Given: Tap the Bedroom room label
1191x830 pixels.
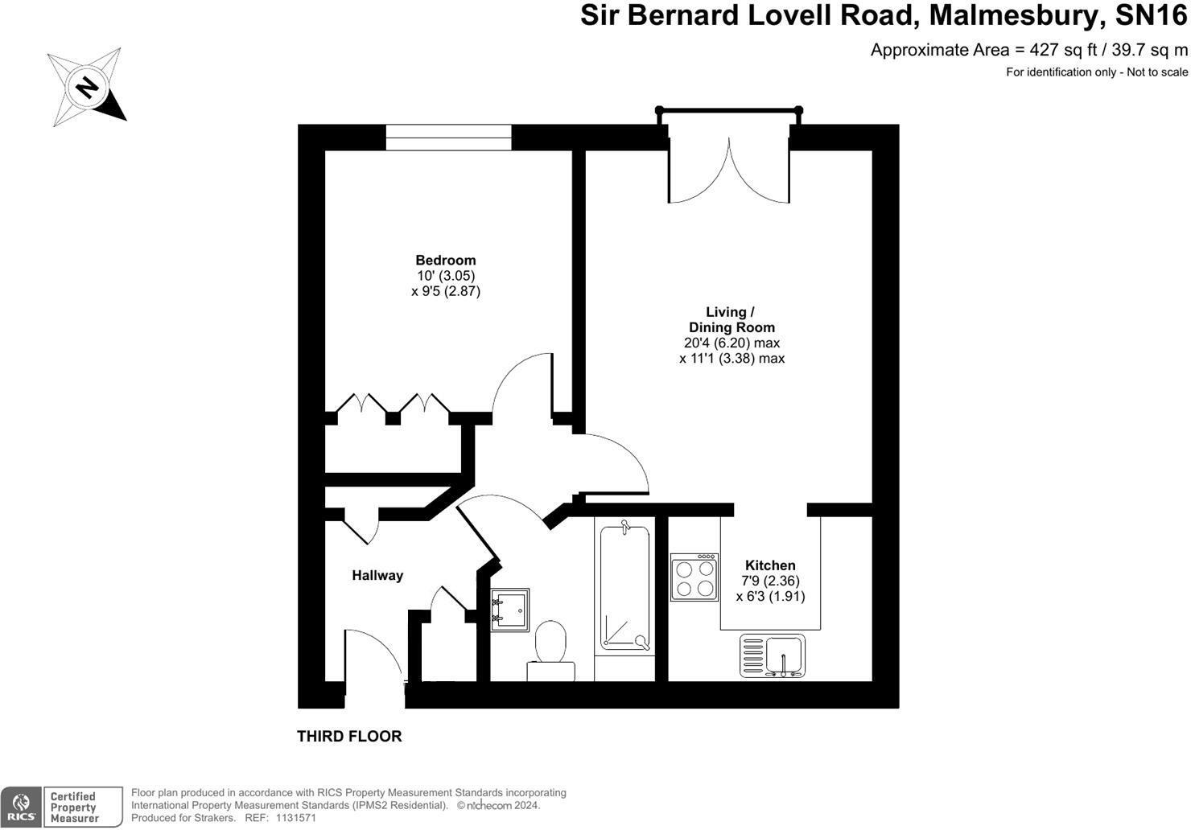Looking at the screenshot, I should (445, 260).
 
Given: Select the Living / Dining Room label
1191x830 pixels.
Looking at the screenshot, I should (731, 319).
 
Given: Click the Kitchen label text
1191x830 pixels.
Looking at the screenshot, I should (770, 565).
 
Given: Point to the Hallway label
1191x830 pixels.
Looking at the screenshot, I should (377, 575).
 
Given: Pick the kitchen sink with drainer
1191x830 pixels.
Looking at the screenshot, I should (773, 655).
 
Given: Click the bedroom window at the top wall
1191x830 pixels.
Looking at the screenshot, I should (448, 138).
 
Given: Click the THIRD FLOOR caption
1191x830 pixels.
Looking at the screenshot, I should (349, 736).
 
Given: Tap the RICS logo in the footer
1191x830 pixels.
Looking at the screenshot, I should (21, 807).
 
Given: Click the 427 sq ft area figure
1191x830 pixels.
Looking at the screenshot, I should (1063, 50).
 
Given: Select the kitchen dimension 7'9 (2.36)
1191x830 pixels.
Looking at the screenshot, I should (770, 581).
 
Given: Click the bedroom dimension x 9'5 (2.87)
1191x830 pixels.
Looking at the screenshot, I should (445, 291).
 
